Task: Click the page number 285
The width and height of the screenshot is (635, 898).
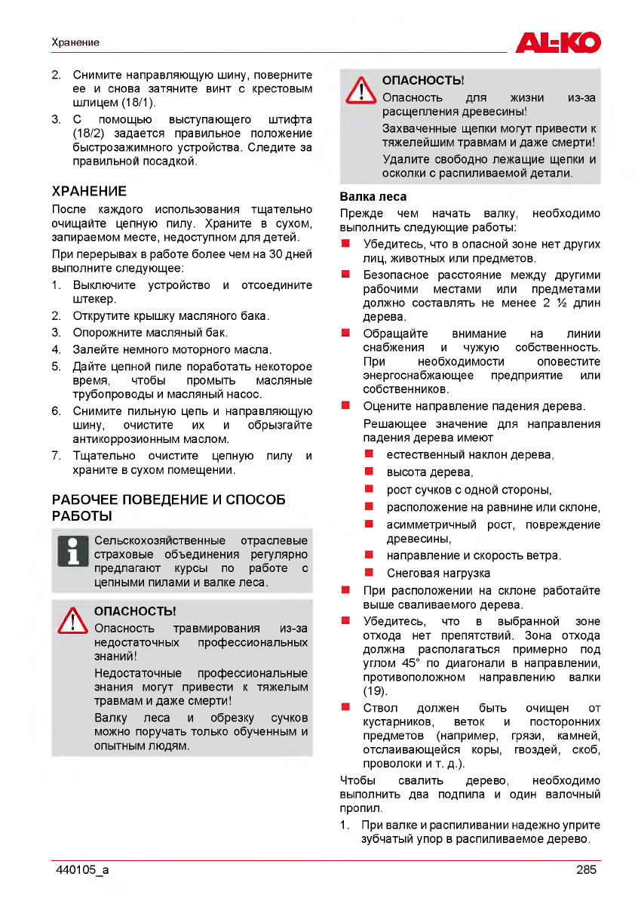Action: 586,869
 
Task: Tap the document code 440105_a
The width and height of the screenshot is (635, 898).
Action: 82,869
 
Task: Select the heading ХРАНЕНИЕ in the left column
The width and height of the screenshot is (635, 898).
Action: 89,191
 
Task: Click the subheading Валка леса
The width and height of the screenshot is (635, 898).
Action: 373,197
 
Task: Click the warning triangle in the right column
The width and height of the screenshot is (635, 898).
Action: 360,90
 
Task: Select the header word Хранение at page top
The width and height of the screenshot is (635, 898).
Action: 75,42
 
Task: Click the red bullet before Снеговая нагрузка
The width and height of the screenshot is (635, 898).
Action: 370,573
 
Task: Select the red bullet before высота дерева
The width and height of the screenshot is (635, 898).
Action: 370,472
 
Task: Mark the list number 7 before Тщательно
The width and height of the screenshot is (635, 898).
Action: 56,456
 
